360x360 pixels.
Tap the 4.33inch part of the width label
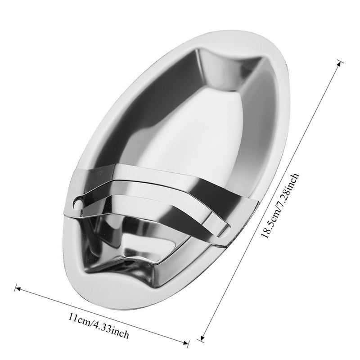[x=110, y=329]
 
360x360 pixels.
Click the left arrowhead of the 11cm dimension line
[x=17, y=288]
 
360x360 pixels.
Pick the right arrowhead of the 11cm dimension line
[x=186, y=343]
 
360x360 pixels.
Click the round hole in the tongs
[x=78, y=204]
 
